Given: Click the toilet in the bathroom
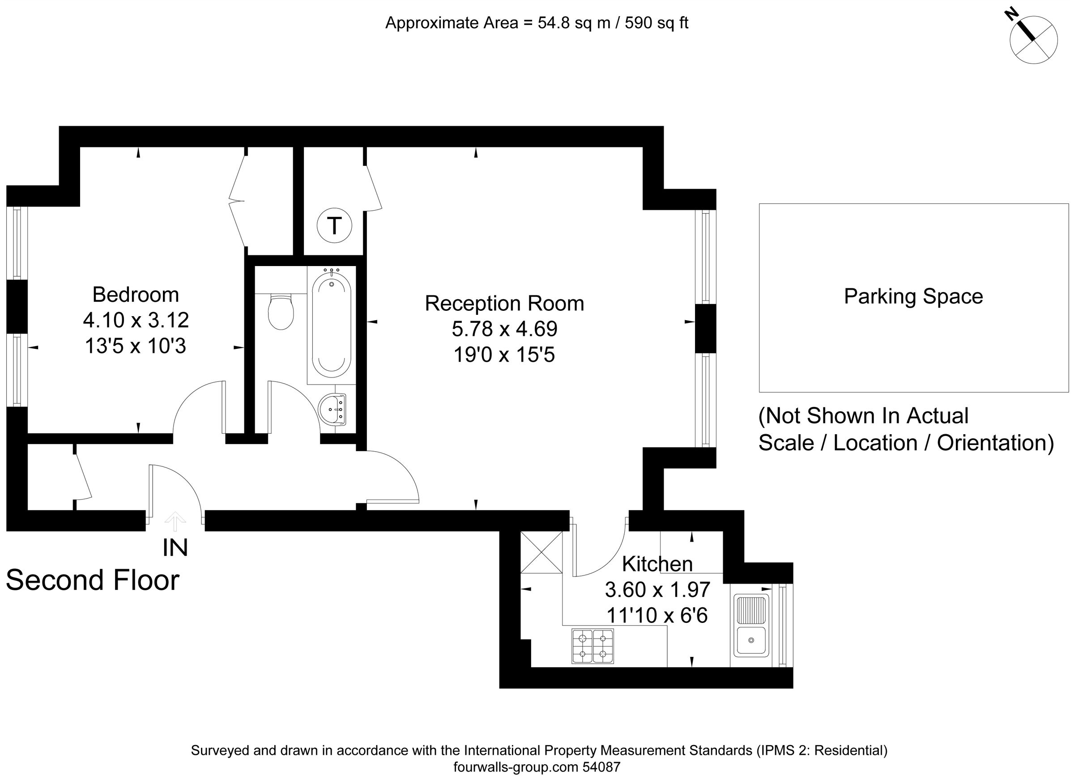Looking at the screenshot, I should click(281, 311).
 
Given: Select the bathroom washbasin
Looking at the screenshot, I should click(333, 409).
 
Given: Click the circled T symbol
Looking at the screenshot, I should click(334, 226).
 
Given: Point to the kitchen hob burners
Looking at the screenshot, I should click(592, 646).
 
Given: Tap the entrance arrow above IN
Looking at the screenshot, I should click(175, 521).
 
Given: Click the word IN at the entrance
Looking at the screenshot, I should click(175, 548).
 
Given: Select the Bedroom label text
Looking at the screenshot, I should click(136, 295).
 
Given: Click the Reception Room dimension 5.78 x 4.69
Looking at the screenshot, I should click(504, 329).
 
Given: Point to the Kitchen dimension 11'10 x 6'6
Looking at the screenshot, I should click(657, 616).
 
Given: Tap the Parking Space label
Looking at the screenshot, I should click(913, 297).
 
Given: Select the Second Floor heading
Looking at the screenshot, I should click(93, 580).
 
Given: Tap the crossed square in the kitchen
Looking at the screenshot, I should click(541, 552).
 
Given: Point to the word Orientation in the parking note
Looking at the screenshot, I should click(995, 443).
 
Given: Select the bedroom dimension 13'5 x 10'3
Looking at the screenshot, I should click(136, 346).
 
